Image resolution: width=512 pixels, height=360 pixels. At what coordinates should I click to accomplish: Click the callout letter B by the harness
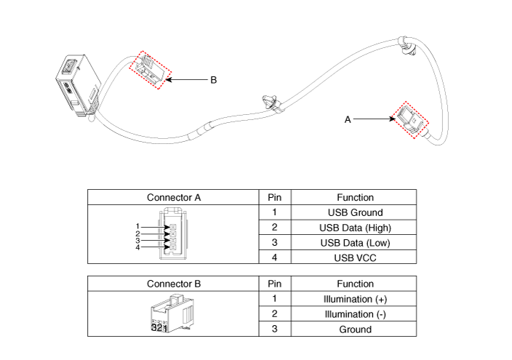[x=214, y=80]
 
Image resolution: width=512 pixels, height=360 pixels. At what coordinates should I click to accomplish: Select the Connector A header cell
[x=173, y=197]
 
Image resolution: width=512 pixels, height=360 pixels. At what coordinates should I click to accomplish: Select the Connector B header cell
[x=173, y=284]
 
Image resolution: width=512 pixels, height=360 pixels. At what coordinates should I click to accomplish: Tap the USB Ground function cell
[x=355, y=212]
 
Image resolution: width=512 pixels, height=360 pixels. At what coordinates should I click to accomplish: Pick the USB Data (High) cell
[x=355, y=228]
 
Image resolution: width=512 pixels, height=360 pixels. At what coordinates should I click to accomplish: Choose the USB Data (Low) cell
[x=355, y=242]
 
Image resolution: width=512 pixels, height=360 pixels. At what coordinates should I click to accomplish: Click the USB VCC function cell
[x=355, y=257]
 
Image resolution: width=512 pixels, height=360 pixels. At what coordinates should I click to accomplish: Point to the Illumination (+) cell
[x=355, y=299]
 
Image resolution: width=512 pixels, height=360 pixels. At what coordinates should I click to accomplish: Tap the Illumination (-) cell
[x=355, y=314]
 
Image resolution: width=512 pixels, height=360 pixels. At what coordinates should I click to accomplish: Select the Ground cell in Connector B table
[x=355, y=329]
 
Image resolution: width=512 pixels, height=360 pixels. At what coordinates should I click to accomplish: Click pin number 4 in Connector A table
[x=275, y=257]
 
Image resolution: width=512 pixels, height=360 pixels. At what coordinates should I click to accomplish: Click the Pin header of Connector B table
[x=275, y=284]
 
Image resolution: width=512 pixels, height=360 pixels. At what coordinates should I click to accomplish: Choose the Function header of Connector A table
[x=355, y=197]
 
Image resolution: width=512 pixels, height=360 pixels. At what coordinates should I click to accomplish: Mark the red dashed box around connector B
[x=148, y=70]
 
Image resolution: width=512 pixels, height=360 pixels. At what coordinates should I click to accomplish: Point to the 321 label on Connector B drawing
[x=159, y=327]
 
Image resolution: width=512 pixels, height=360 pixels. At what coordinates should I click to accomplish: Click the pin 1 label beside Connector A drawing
[x=137, y=226]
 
